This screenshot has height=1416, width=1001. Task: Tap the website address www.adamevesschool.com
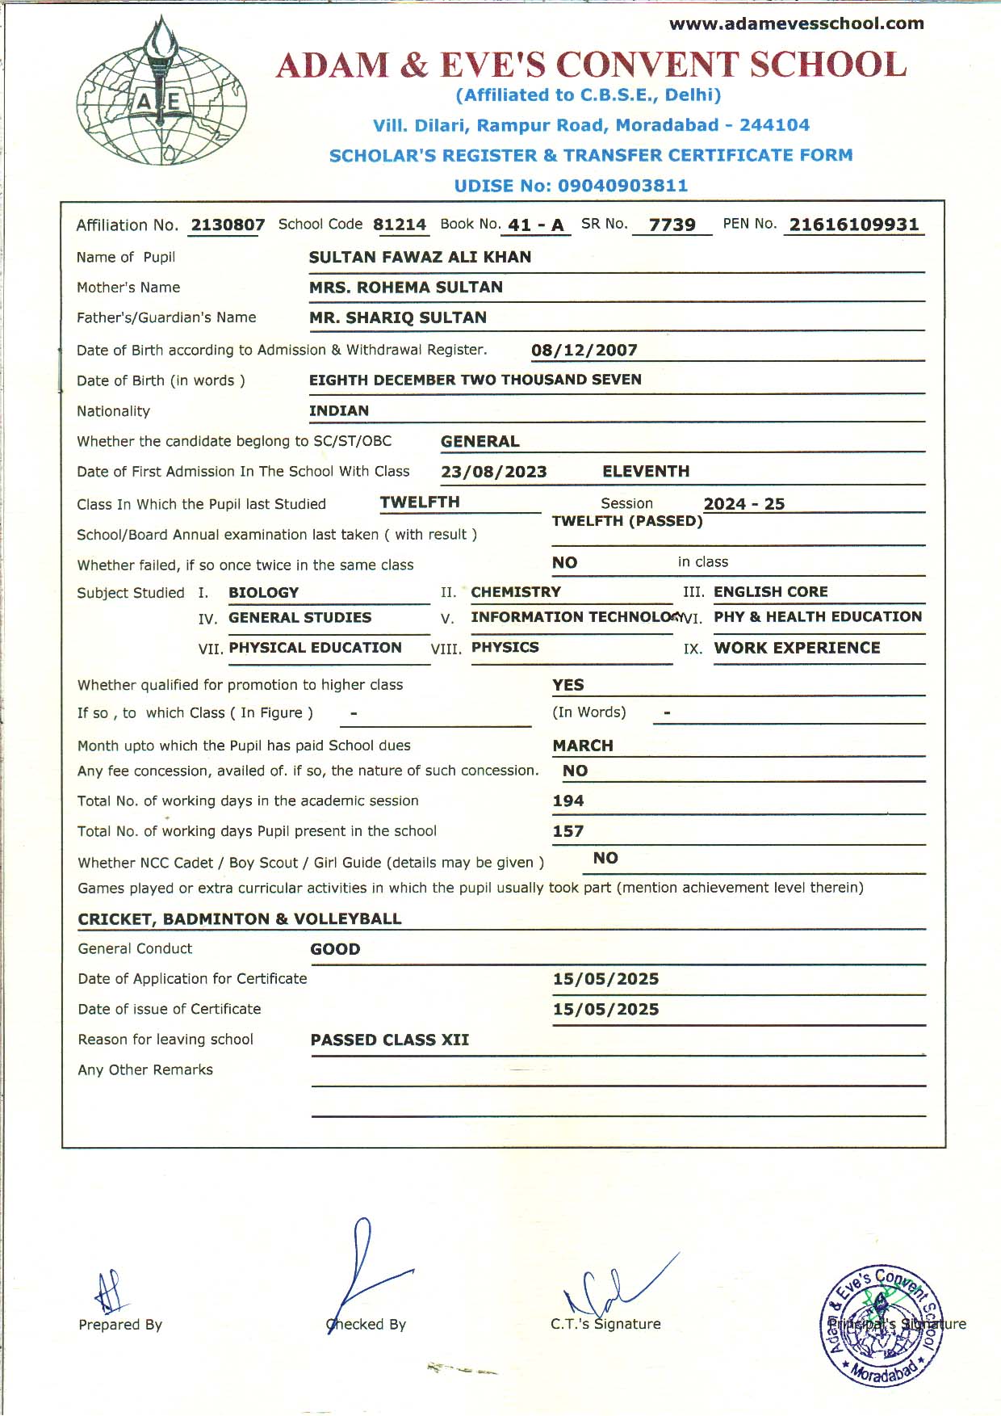tap(796, 23)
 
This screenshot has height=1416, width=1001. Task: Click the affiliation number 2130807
tap(228, 225)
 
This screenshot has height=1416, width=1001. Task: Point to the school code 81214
tap(400, 225)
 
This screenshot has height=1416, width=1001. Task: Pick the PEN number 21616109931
tap(854, 225)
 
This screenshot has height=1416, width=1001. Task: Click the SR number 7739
tap(672, 225)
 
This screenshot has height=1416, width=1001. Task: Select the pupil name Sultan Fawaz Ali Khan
tap(420, 257)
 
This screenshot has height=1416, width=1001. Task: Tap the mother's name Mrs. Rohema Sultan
tap(405, 288)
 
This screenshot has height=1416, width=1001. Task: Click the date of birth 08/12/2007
tap(584, 351)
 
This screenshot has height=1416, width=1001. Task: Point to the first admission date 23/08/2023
tap(494, 472)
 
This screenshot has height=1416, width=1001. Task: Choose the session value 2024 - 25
tap(743, 504)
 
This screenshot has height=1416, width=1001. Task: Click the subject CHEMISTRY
tap(516, 592)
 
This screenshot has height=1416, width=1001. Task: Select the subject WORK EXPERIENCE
tap(797, 648)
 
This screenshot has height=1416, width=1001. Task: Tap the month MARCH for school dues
tap(583, 746)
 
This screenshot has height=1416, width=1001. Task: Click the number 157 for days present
tap(568, 831)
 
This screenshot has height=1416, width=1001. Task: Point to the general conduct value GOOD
tap(335, 949)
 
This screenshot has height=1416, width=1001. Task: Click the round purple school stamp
tap(882, 1325)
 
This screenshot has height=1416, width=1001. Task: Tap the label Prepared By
tap(120, 1325)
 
